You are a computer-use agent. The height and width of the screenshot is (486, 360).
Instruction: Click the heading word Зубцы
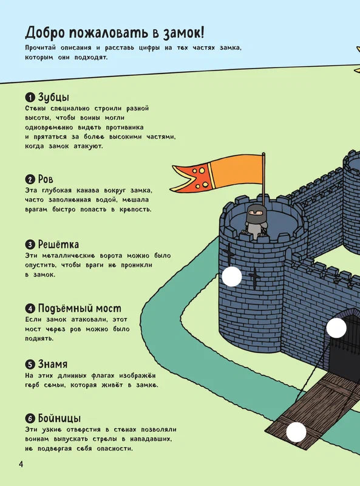[53, 97]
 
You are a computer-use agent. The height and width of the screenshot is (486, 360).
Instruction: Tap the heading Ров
[46, 179]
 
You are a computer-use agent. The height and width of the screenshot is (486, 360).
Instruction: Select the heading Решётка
[58, 244]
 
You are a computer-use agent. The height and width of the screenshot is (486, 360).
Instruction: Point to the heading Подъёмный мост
[80, 308]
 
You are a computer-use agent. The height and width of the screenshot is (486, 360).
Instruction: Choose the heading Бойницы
[59, 419]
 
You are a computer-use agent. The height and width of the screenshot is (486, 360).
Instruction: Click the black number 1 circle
[30, 98]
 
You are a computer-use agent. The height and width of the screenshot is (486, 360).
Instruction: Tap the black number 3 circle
[30, 245]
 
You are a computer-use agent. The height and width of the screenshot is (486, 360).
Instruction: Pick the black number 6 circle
[30, 419]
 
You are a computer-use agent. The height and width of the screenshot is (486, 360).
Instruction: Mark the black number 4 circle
[30, 309]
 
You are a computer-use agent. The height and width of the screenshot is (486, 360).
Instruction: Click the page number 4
[21, 465]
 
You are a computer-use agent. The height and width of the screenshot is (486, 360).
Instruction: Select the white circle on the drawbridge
[296, 432]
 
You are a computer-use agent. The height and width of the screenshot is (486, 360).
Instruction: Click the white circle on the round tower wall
[231, 276]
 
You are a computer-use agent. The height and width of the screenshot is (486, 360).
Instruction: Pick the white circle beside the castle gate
[336, 328]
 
